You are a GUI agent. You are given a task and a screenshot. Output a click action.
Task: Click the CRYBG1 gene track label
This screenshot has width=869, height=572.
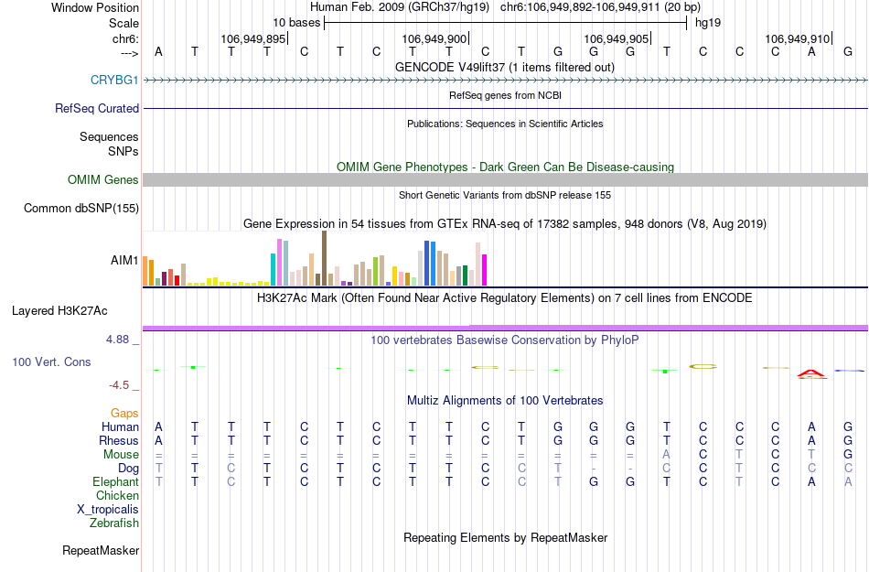tap(114, 81)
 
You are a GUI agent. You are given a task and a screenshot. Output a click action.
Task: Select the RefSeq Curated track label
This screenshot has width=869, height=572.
tap(97, 109)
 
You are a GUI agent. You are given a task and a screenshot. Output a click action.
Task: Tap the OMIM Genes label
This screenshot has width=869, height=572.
tap(103, 180)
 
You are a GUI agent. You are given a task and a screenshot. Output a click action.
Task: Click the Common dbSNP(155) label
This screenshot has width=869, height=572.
tap(81, 209)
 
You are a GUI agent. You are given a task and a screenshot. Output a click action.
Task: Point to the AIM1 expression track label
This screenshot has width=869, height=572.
tap(124, 260)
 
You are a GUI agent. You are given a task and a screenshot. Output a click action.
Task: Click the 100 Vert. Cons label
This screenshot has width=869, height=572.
tap(51, 362)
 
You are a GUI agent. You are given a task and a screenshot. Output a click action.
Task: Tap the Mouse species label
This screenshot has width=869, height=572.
tap(122, 454)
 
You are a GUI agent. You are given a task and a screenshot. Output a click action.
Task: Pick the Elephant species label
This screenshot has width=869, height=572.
tap(116, 481)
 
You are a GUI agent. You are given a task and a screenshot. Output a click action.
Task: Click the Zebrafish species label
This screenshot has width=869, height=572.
tap(114, 523)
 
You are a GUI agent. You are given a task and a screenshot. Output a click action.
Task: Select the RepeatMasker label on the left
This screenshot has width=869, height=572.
tap(101, 551)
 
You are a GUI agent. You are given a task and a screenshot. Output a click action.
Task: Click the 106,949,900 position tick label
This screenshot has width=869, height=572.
tap(434, 39)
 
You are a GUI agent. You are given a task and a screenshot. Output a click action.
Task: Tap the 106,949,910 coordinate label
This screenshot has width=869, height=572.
tap(797, 39)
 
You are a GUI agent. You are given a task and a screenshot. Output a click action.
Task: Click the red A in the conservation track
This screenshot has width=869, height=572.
tap(811, 373)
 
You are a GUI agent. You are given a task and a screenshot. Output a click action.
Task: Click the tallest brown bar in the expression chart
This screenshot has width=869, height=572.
tap(324, 258)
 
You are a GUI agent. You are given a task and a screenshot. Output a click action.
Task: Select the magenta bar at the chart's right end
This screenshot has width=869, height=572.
tap(485, 270)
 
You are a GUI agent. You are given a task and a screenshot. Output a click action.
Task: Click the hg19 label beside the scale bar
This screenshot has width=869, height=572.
tap(707, 22)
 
